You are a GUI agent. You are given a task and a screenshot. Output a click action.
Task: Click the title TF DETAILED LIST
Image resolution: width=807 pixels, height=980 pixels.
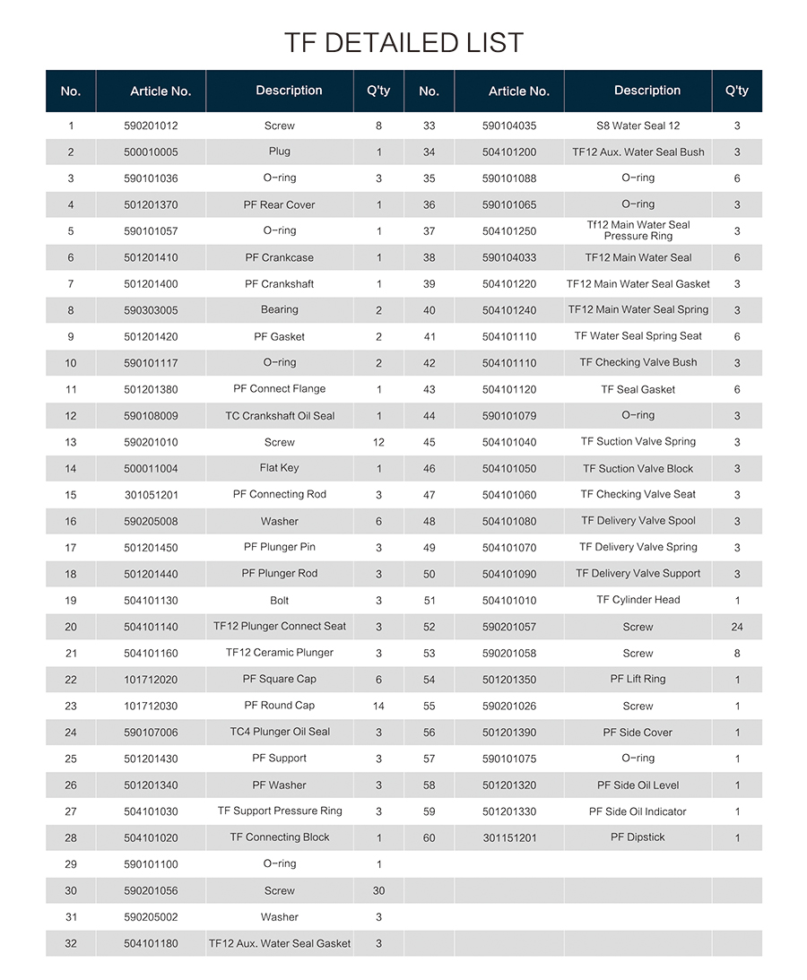pos(403,42)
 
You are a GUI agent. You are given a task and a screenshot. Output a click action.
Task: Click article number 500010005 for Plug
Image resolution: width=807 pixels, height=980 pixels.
pos(151,152)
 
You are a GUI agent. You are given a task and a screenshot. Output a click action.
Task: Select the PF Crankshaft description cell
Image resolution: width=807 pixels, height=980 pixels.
pos(280,284)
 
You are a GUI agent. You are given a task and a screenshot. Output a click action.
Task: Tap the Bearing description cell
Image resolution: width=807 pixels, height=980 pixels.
pos(280,310)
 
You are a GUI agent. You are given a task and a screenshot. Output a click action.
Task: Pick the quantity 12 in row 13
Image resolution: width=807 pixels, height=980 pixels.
pos(378,442)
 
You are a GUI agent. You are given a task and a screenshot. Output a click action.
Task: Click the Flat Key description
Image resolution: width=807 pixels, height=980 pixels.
pos(280,468)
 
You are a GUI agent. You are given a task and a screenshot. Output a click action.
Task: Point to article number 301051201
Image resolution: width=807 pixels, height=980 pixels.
pos(151,495)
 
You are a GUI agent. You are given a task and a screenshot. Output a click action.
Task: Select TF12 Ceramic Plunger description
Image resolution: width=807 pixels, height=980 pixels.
pos(280,653)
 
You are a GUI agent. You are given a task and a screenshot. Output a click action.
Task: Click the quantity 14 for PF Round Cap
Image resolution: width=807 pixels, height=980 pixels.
pos(378,706)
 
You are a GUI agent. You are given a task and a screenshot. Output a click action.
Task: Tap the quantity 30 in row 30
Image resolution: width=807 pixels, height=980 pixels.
pos(378,890)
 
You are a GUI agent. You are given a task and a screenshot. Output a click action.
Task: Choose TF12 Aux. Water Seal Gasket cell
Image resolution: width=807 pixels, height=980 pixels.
pos(280,943)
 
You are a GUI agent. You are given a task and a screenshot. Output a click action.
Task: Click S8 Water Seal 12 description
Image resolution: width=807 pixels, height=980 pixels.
pos(638,126)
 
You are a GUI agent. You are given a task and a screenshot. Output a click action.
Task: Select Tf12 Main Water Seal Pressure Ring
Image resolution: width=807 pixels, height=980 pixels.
pos(638,230)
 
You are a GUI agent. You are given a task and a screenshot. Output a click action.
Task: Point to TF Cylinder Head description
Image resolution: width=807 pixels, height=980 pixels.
pos(638,600)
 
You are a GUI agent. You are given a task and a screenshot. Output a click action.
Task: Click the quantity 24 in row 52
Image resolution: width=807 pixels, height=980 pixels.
pos(737,627)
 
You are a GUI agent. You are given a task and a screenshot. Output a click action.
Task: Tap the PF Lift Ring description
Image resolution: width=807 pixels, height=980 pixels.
pos(638,680)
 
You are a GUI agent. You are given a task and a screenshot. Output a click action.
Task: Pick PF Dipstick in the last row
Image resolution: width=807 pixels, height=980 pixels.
pos(638,837)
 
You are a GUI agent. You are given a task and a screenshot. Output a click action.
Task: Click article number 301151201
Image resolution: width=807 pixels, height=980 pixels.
pos(509,838)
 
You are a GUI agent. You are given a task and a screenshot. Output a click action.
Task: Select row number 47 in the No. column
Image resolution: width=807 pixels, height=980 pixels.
pos(429,495)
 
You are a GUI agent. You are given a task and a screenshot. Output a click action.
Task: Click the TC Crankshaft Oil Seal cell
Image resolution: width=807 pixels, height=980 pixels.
pos(280,416)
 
